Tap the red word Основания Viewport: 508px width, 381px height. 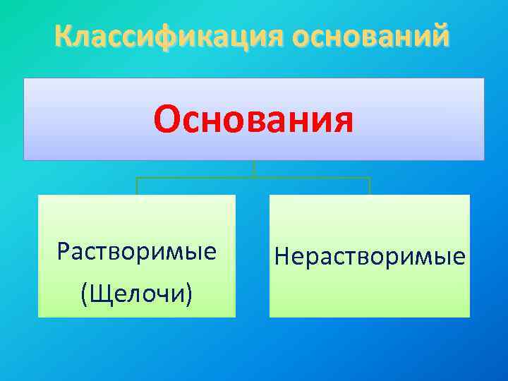(253, 119)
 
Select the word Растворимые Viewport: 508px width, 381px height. (137, 252)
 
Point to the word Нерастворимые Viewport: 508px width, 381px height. (370, 256)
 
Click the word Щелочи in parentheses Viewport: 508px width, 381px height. (137, 291)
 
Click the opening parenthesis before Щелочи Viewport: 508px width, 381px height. (85, 292)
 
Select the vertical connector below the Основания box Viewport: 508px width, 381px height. (253, 169)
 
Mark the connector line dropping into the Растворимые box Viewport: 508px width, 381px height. (137, 186)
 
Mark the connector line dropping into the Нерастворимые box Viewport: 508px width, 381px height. (370, 186)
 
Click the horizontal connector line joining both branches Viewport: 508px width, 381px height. (310, 178)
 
